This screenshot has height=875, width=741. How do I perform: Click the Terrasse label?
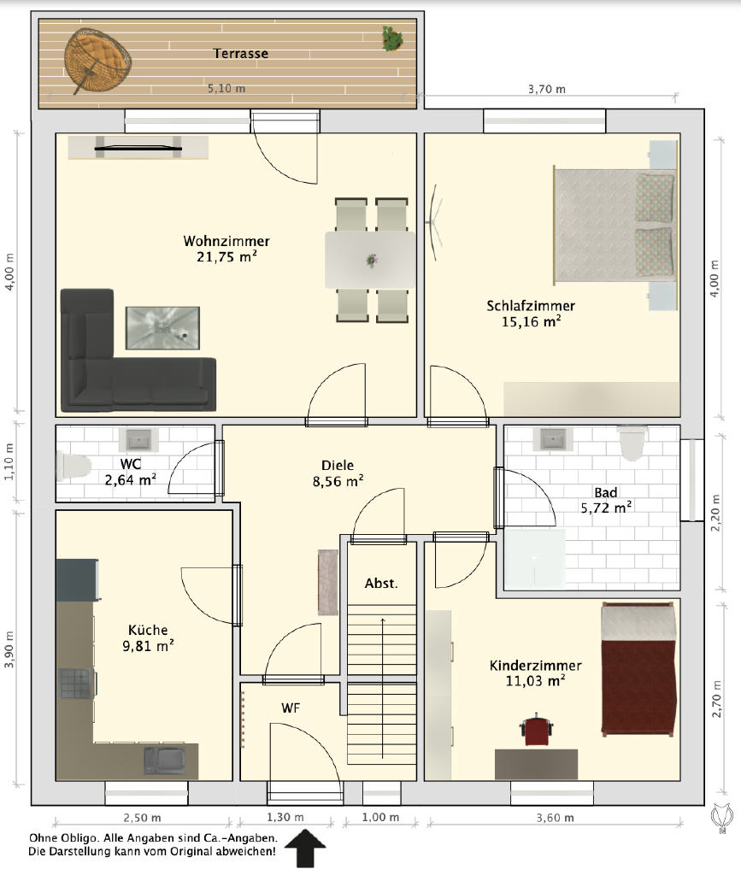click(240, 54)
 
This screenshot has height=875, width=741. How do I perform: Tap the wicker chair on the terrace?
click(97, 59)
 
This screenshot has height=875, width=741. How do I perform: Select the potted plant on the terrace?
click(393, 38)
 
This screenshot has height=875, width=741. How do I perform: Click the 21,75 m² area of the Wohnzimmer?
click(226, 256)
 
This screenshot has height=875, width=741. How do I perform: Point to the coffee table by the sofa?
click(162, 328)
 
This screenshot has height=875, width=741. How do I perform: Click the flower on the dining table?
click(371, 260)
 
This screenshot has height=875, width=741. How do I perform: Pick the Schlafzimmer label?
click(531, 306)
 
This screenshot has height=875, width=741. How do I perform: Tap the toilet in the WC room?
click(74, 467)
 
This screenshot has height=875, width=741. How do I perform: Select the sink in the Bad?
click(552, 439)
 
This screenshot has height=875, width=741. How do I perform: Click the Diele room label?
click(338, 466)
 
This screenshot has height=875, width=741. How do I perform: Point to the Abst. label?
click(381, 584)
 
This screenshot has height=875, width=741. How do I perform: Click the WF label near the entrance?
click(291, 708)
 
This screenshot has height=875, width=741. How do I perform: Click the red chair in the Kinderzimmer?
click(537, 730)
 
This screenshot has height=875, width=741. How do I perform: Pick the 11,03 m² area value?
click(535, 681)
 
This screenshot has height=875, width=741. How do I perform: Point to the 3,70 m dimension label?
click(547, 89)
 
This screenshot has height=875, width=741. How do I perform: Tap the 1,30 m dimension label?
click(285, 818)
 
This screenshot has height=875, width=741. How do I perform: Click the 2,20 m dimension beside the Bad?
click(716, 513)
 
